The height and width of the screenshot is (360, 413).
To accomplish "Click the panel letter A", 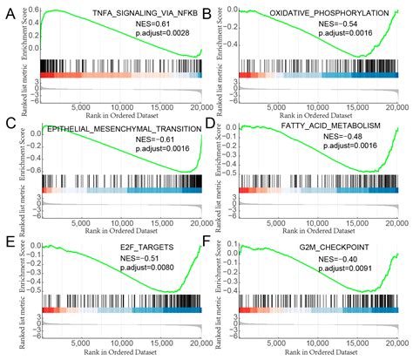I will click(9, 12).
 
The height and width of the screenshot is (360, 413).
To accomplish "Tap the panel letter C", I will click(9, 125).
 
